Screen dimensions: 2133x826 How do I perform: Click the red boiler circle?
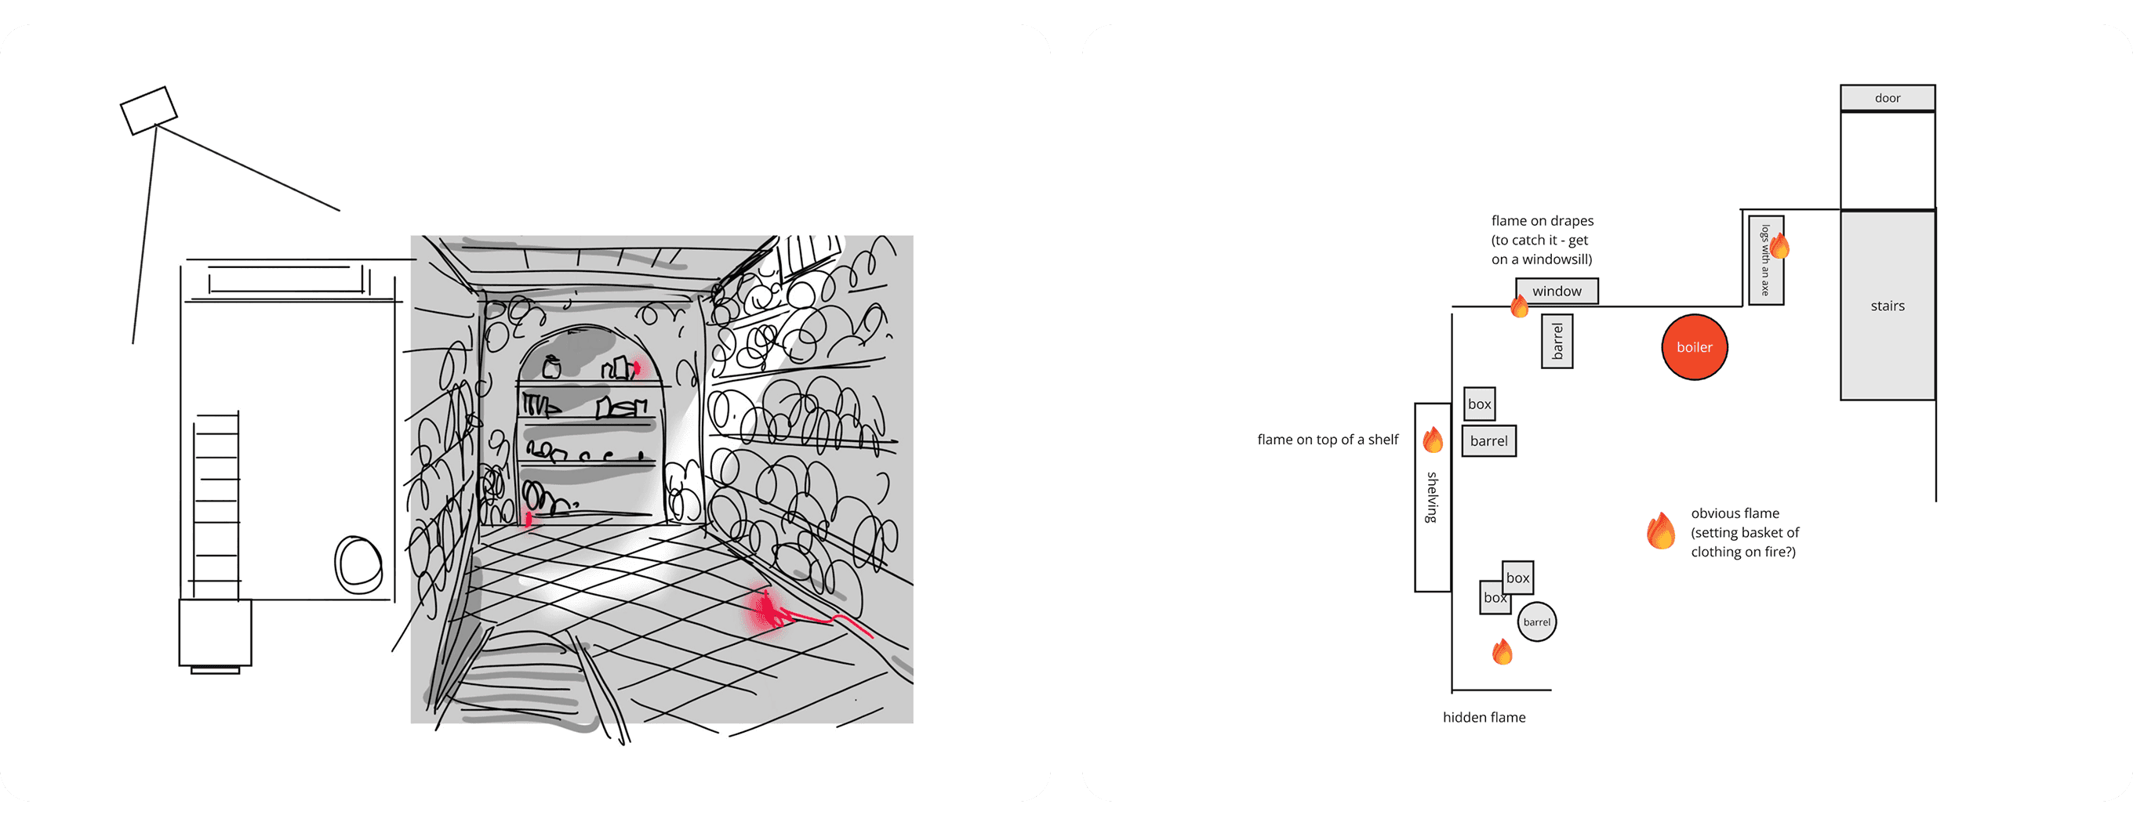1694,347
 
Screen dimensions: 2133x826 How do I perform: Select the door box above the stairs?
1887,98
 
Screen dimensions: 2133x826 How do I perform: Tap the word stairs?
1887,306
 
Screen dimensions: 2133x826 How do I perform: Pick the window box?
1557,292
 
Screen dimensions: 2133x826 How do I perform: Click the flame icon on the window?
1520,306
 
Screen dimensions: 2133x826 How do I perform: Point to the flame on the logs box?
1779,246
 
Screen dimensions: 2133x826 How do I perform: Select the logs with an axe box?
1765,260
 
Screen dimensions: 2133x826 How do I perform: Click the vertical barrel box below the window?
1557,341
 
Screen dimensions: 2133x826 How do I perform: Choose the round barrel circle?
1537,621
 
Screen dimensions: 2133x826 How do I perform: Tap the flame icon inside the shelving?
1433,440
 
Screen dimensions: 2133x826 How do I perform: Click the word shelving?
1432,497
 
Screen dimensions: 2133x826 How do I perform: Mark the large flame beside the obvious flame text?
1661,531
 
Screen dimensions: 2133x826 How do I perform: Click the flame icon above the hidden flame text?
1502,652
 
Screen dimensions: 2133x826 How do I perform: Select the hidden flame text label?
1484,717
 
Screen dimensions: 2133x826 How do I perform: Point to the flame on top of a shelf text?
1328,440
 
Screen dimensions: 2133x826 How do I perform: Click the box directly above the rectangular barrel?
1479,404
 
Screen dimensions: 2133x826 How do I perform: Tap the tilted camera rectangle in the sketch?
149,110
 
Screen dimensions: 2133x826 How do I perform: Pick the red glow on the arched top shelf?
636,367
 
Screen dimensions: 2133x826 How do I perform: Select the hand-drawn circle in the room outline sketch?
358,564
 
